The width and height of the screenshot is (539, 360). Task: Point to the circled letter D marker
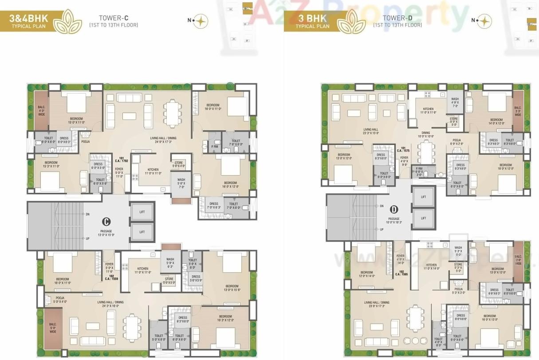coord(393,209)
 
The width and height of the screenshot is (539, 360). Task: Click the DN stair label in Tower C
coord(87,214)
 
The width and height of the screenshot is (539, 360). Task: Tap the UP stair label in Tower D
coord(382,229)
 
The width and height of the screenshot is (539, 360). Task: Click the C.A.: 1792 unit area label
coord(121,160)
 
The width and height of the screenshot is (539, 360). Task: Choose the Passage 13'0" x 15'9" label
coord(106,233)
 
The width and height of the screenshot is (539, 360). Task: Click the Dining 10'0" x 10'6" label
coord(425,134)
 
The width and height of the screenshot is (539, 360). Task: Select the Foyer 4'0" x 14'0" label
coord(401,259)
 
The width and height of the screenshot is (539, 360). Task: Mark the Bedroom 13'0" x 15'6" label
coord(232,288)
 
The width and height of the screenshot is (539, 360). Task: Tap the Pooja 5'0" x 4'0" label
coord(60,300)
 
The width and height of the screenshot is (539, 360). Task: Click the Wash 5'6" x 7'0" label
coord(181,184)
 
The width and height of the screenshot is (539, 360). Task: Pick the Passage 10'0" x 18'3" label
coord(393,220)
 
